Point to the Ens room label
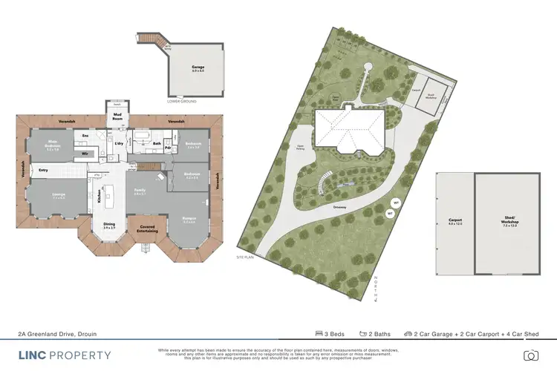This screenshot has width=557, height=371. click(85, 137)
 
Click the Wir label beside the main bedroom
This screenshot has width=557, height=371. click(85, 154)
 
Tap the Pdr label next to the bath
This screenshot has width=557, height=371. click(169, 147)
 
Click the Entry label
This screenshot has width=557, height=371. click(44, 170)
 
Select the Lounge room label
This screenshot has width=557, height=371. click(57, 195)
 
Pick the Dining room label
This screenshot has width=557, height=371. click(109, 227)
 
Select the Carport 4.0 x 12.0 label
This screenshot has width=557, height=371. click(455, 221)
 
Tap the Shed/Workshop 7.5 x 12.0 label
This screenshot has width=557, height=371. click(509, 221)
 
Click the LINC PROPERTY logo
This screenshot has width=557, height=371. click(65, 355)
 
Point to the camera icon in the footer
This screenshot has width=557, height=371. click(530, 355)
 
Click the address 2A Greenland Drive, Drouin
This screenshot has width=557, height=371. click(58, 334)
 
